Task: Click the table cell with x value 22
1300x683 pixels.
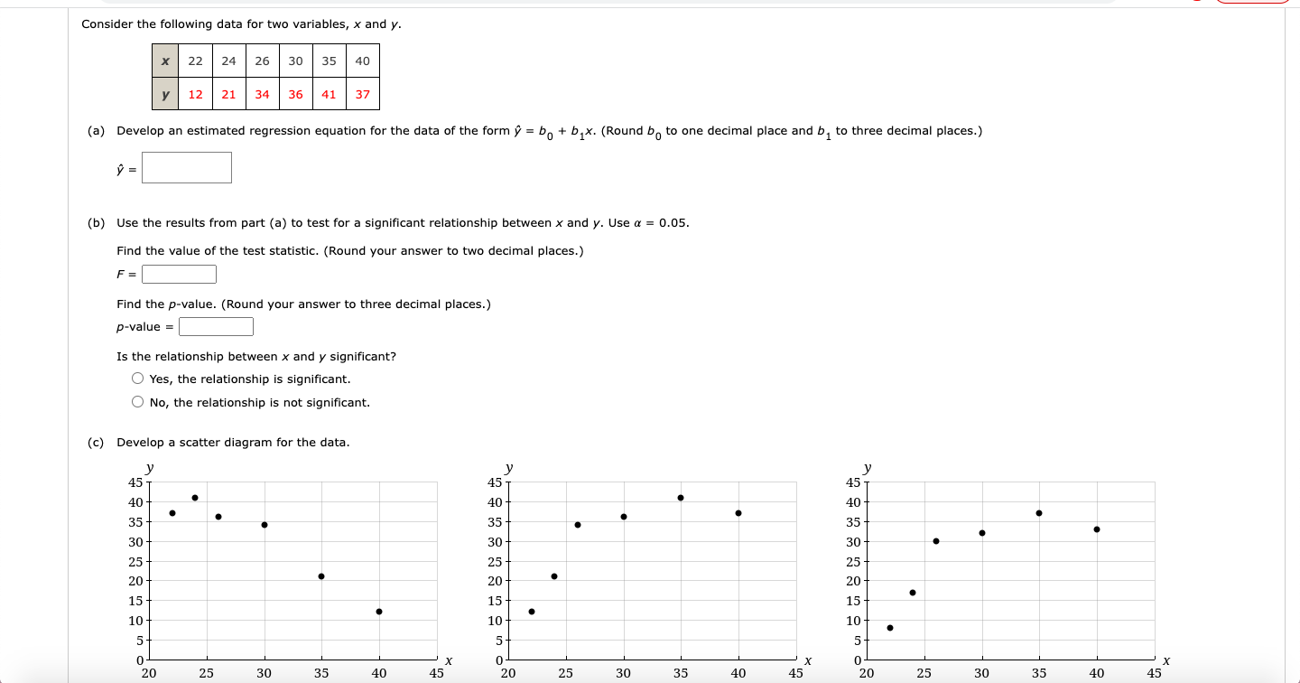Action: (195, 61)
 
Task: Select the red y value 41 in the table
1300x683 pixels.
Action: (329, 94)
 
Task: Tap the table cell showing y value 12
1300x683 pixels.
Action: (195, 94)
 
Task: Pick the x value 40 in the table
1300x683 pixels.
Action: (362, 61)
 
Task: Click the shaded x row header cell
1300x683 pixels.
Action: (165, 61)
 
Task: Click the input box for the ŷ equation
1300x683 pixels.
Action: (187, 167)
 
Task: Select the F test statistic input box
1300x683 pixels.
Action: (179, 274)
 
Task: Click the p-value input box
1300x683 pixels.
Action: (216, 327)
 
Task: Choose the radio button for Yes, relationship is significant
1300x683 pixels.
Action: (137, 379)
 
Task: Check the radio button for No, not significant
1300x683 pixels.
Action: (137, 403)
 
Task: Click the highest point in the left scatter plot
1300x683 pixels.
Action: (195, 498)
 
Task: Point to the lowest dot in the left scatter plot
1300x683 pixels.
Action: (379, 612)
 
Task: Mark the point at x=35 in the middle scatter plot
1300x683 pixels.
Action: (681, 498)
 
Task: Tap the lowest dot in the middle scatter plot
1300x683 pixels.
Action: (532, 612)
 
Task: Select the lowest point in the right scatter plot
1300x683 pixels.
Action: (890, 628)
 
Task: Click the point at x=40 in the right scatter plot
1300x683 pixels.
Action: (1097, 529)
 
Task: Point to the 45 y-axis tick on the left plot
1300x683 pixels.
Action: (136, 482)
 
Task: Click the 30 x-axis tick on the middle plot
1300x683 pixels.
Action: (624, 673)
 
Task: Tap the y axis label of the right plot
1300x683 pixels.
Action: (868, 468)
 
